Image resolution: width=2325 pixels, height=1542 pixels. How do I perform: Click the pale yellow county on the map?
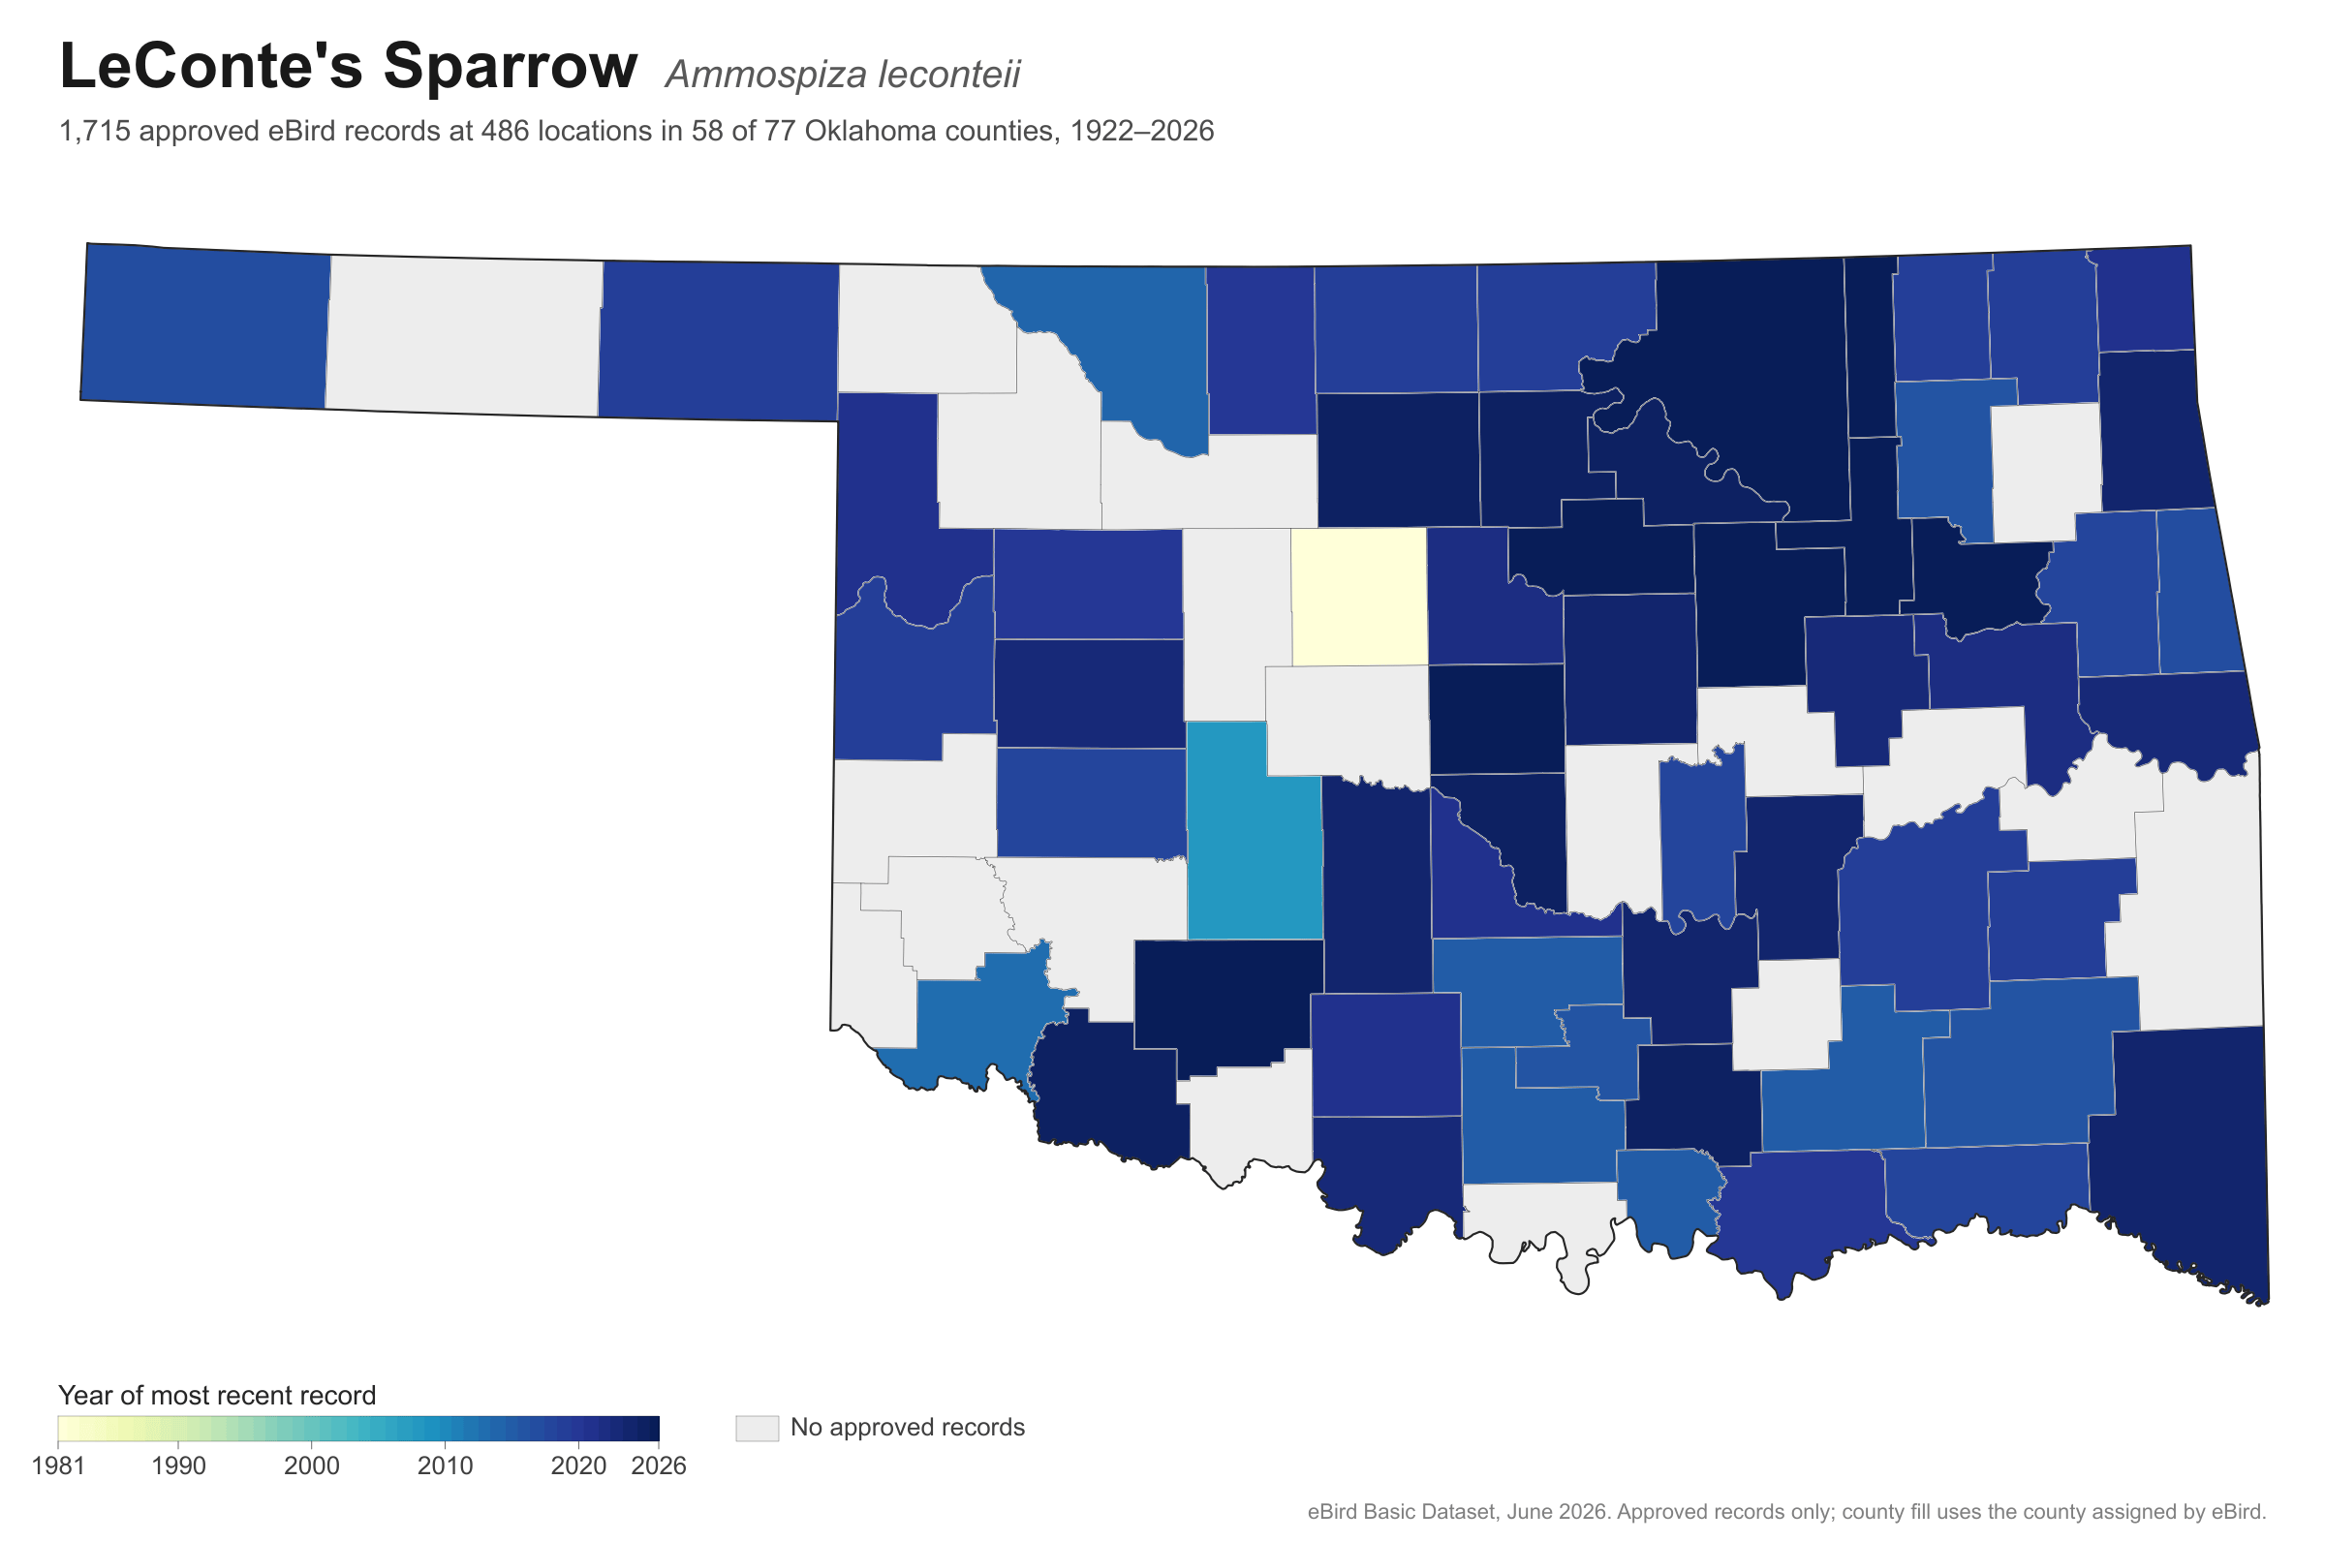pyautogui.click(x=1358, y=597)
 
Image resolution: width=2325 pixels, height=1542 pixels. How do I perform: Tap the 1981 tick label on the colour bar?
pyautogui.click(x=58, y=1466)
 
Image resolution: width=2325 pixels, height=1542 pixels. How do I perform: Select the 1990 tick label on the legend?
pyautogui.click(x=179, y=1466)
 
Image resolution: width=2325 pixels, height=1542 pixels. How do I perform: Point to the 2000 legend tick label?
pyautogui.click(x=312, y=1466)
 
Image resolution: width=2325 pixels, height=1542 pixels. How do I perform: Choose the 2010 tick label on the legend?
pyautogui.click(x=446, y=1466)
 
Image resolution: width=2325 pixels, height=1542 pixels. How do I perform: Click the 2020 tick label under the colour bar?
pyautogui.click(x=578, y=1466)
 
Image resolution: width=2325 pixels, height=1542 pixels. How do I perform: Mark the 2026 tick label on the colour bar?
pyautogui.click(x=659, y=1466)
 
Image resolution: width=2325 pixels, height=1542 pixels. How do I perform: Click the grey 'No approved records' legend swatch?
pyautogui.click(x=758, y=1428)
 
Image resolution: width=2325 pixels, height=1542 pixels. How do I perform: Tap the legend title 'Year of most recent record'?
pyautogui.click(x=217, y=1396)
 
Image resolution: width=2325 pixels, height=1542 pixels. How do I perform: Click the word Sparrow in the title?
pyautogui.click(x=511, y=67)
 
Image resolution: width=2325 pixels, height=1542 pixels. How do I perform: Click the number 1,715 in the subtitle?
pyautogui.click(x=95, y=132)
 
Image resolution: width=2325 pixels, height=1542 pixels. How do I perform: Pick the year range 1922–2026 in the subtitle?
pyautogui.click(x=1142, y=131)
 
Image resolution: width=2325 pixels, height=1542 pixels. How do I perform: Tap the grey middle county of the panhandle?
pyautogui.click(x=463, y=335)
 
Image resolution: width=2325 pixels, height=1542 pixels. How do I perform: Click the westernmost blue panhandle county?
pyautogui.click(x=204, y=325)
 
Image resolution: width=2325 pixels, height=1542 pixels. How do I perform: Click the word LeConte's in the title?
pyautogui.click(x=212, y=67)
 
